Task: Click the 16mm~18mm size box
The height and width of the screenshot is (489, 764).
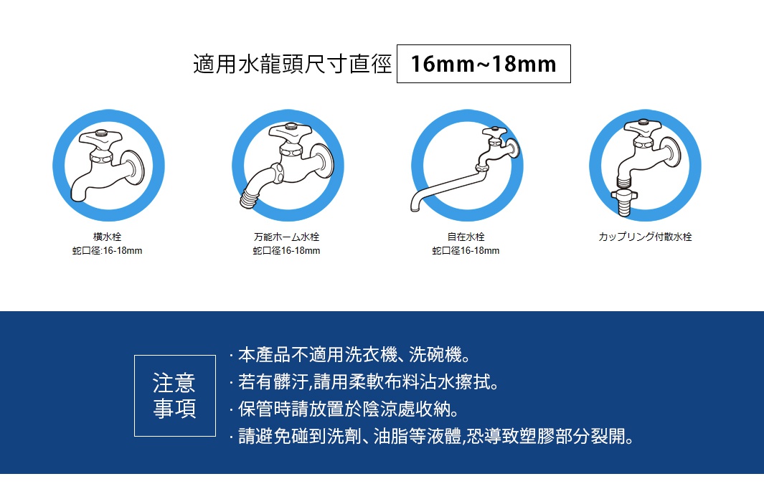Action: [484, 65]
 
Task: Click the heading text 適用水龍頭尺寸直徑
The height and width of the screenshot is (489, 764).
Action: [293, 65]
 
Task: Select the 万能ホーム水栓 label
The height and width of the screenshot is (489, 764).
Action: [286, 237]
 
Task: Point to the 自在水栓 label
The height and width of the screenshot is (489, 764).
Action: [466, 237]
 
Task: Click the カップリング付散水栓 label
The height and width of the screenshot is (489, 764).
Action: [645, 237]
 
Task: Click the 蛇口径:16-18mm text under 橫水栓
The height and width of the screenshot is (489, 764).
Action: [107, 251]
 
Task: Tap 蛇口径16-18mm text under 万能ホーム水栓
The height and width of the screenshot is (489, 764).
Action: [286, 251]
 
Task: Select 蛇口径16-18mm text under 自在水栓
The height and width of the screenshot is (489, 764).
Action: [466, 251]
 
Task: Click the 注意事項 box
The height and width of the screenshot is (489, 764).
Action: [174, 395]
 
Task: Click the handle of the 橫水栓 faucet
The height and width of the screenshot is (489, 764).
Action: [103, 136]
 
